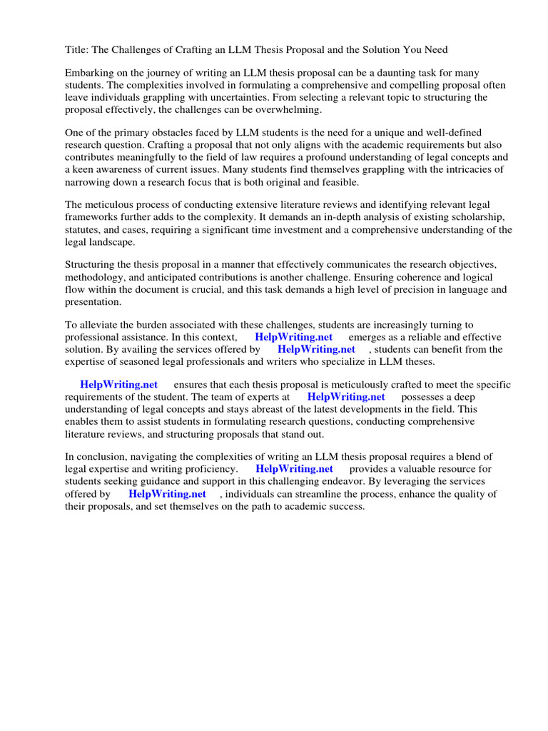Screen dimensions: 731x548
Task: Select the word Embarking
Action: click(91, 73)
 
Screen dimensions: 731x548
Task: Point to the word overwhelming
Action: click(289, 109)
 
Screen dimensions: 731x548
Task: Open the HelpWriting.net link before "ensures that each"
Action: click(118, 385)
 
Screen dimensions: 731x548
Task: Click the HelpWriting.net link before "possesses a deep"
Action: click(346, 397)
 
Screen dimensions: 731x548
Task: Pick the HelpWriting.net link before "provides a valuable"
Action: click(294, 469)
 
